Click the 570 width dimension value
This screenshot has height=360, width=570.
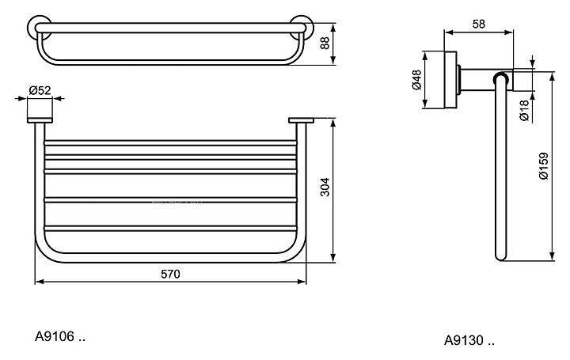pyautogui.click(x=170, y=274)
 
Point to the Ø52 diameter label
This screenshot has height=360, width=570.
pyautogui.click(x=40, y=91)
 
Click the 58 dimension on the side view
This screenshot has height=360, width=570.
pyautogui.click(x=478, y=25)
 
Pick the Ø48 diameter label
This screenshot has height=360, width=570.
pyautogui.click(x=416, y=81)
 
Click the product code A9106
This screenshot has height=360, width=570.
pyautogui.click(x=55, y=336)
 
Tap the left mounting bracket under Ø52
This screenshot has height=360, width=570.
pyautogui.click(x=40, y=120)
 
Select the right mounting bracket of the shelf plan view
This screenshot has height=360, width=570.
pyautogui.click(x=302, y=120)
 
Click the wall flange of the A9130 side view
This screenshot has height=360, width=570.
pyautogui.click(x=450, y=81)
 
